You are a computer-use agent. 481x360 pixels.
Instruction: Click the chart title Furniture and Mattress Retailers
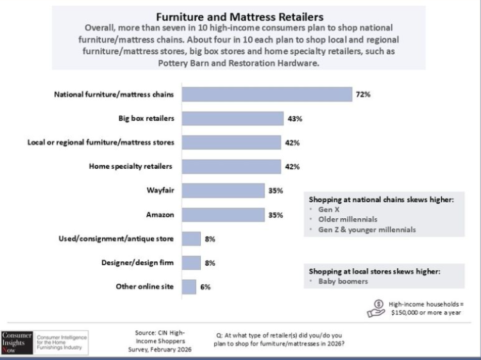coord(240,16)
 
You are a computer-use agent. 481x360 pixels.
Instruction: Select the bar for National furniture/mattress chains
coord(267,94)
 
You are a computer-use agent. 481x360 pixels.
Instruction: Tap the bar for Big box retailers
coord(233,119)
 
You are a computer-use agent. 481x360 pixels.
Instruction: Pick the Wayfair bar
coord(223,191)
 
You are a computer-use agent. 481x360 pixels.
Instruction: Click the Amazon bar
coord(223,215)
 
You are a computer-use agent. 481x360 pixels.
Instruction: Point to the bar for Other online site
coord(189,287)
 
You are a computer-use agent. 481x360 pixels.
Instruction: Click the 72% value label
coord(364,94)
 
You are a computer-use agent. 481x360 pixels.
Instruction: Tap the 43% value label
coord(294,119)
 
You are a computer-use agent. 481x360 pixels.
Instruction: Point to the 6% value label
coord(206,287)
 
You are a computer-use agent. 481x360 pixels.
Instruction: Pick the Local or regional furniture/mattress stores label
coord(101,142)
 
